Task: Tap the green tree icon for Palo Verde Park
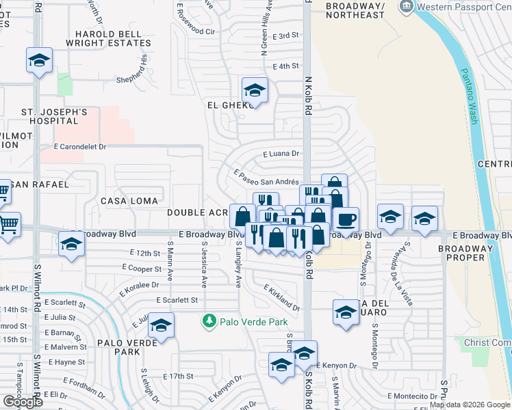click(x=209, y=320)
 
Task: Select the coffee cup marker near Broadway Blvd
click(x=347, y=220)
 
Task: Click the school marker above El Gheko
click(x=255, y=90)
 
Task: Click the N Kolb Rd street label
click(x=309, y=96)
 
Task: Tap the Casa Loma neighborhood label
click(x=129, y=201)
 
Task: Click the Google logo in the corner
click(x=23, y=401)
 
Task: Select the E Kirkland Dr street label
click(x=281, y=298)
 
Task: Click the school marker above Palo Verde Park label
click(x=161, y=326)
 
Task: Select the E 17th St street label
click(x=179, y=376)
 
